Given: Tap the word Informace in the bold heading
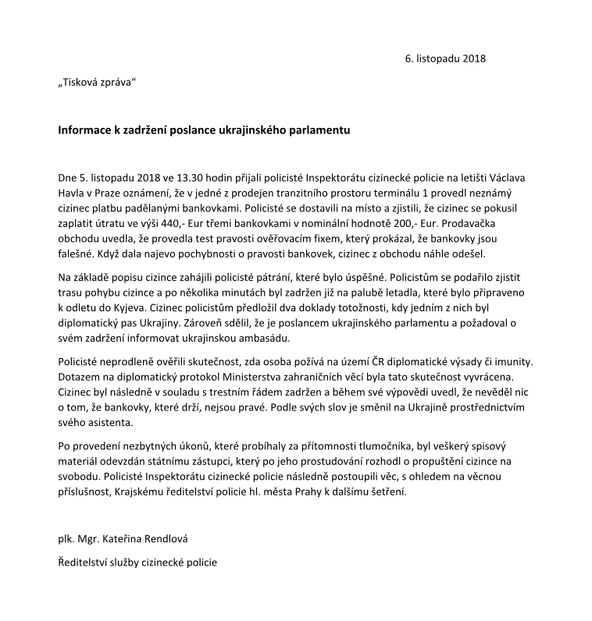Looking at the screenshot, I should pos(87,130).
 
